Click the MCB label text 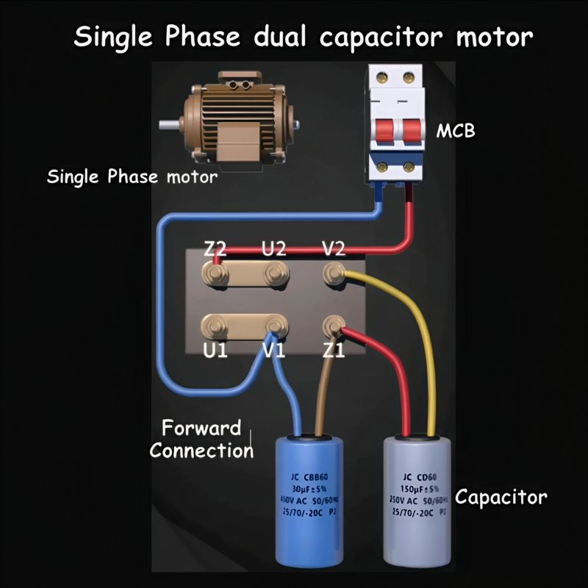pos(456,132)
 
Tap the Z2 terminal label pos(215,248)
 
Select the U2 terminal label pos(274,248)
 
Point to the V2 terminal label pos(334,248)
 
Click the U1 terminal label pos(215,351)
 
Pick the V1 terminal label pos(274,351)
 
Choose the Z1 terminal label pos(334,351)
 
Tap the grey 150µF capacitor pos(415,500)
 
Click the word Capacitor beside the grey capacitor pos(501,497)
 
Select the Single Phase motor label pos(132,177)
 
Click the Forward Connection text pos(201,439)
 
